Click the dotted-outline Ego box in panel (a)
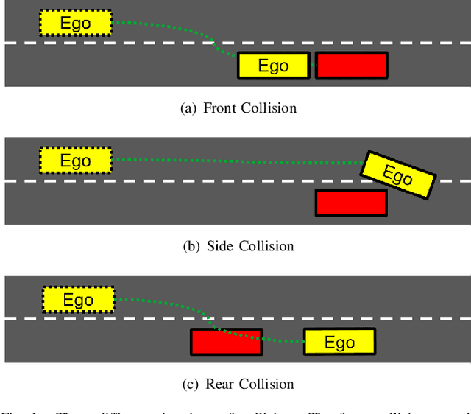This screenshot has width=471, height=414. [x=75, y=24]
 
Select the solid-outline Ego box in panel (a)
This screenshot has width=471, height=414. [x=273, y=66]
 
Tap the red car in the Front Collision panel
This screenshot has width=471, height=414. [x=351, y=66]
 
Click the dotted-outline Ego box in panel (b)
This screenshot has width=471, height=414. [x=75, y=161]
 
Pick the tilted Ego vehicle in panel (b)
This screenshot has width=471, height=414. [x=397, y=175]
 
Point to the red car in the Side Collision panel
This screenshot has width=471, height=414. [x=351, y=203]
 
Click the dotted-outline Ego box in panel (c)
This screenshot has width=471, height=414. [x=78, y=300]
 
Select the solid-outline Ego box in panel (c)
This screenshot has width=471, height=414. [x=339, y=342]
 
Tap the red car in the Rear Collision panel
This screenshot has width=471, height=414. [x=226, y=343]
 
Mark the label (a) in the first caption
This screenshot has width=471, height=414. [x=188, y=108]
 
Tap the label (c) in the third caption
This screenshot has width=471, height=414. [x=191, y=384]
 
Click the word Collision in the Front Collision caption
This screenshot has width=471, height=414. [x=270, y=108]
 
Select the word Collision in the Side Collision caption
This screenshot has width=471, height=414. [x=266, y=246]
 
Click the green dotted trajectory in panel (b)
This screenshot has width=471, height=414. [x=235, y=161]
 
